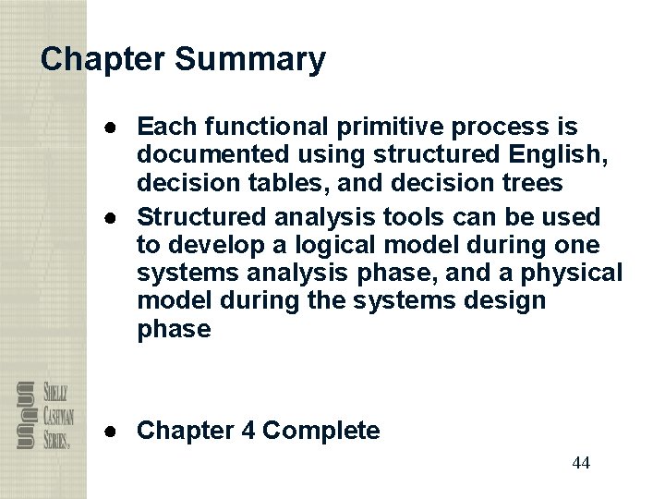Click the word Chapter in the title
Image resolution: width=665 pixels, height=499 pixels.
pyautogui.click(x=103, y=60)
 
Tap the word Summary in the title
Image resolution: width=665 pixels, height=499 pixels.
pyautogui.click(x=249, y=60)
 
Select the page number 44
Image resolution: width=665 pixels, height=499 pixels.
pyautogui.click(x=580, y=463)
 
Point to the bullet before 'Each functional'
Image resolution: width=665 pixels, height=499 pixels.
pyautogui.click(x=110, y=125)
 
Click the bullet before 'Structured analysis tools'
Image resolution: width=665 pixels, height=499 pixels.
pyautogui.click(x=110, y=217)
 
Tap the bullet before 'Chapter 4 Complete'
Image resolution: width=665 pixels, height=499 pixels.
pyautogui.click(x=110, y=431)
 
